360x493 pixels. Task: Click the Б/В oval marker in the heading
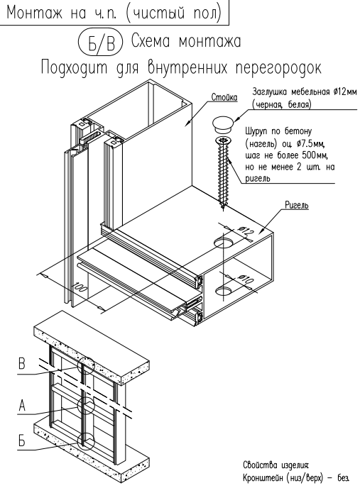(x=99, y=42)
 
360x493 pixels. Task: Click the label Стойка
(x=224, y=97)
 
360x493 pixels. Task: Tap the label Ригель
(x=296, y=205)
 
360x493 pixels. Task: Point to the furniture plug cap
(x=222, y=124)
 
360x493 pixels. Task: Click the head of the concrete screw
(x=222, y=140)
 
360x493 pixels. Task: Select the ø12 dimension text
(x=246, y=232)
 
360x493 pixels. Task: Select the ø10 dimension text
(x=245, y=279)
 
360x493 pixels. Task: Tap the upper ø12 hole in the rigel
(x=224, y=243)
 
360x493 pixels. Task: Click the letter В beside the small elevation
(x=21, y=364)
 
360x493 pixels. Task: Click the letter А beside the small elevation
(x=22, y=406)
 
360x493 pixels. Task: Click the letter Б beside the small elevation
(x=21, y=441)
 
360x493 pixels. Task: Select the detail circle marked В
(x=85, y=358)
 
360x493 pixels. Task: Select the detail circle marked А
(x=86, y=397)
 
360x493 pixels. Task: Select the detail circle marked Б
(x=86, y=433)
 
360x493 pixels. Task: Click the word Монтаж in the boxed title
(x=35, y=13)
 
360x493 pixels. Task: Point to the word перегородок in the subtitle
(x=279, y=68)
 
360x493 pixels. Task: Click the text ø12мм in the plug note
(x=346, y=92)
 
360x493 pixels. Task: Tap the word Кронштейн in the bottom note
(x=263, y=478)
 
